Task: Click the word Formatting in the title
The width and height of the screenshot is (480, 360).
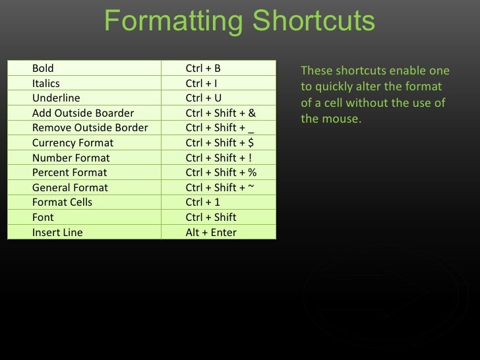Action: [x=173, y=22]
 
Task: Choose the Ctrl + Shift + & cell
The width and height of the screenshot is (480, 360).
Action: [x=220, y=113]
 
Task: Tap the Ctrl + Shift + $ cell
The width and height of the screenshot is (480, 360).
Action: [x=220, y=142]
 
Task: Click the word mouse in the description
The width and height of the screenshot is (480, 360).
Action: [x=342, y=120]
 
